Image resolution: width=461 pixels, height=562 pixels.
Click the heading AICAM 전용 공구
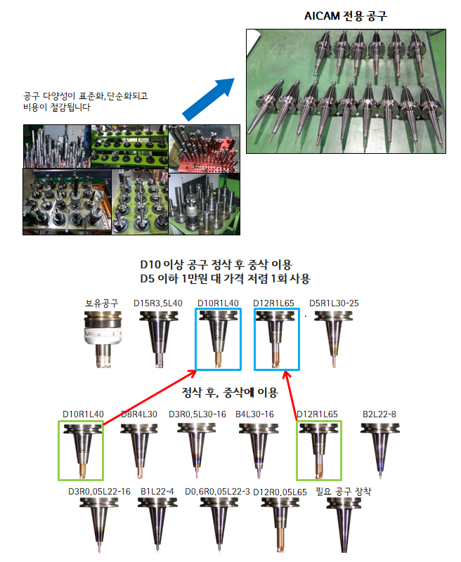click(346, 15)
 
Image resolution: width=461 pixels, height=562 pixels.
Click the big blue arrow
click(208, 99)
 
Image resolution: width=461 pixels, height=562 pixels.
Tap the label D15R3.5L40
click(157, 303)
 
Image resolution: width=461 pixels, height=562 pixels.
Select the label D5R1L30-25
click(334, 303)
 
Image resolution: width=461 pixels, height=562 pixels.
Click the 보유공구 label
click(101, 303)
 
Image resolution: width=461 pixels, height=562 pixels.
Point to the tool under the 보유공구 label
click(103, 339)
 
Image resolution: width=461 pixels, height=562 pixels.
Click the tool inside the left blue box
click(218, 339)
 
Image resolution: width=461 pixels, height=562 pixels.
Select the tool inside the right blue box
click(275, 339)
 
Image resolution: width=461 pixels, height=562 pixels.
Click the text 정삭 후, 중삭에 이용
click(230, 393)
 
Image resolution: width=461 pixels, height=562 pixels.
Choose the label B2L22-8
click(379, 414)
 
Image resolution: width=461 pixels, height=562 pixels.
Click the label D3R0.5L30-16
click(197, 414)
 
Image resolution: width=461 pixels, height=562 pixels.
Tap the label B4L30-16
click(254, 414)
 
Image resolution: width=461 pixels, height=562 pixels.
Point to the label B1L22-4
click(157, 491)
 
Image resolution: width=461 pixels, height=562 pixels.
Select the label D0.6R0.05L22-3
click(217, 491)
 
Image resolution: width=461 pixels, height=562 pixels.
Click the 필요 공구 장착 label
click(344, 491)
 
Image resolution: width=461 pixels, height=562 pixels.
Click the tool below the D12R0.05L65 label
click(280, 525)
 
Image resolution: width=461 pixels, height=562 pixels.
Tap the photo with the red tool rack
click(204, 148)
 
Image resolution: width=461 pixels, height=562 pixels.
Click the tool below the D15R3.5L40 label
click(158, 339)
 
